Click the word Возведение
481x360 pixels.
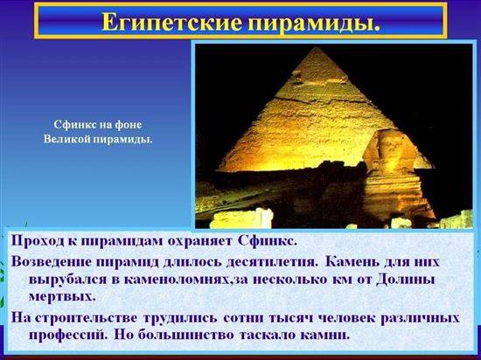(52, 262)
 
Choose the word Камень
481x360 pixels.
(351, 262)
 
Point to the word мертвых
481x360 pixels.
(62, 296)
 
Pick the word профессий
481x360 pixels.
(68, 335)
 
